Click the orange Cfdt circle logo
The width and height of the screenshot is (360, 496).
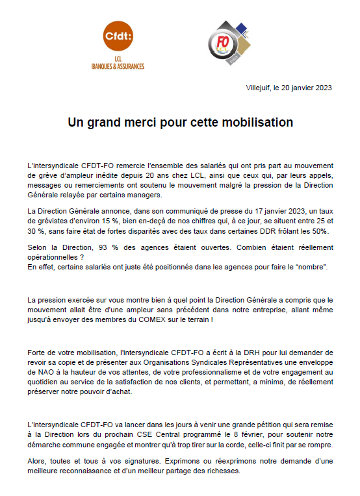pos(118,37)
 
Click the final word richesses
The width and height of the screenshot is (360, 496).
pos(223,471)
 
